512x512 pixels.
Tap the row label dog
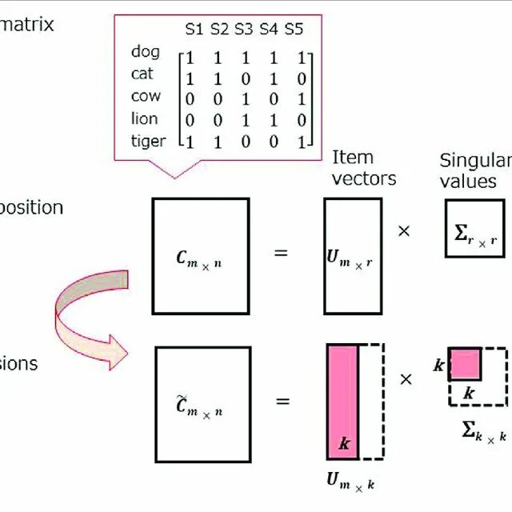[146, 52]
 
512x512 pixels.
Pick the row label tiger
[148, 141]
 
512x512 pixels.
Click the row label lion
[145, 118]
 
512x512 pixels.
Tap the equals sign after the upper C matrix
[281, 254]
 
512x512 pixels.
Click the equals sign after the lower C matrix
[282, 400]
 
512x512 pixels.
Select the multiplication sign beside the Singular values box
[404, 230]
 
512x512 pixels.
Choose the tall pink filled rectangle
[342, 401]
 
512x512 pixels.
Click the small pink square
[465, 364]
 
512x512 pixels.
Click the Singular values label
[472, 170]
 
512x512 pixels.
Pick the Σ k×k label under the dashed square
[484, 431]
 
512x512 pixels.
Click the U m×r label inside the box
[350, 258]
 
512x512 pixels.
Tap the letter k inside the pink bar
[345, 442]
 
